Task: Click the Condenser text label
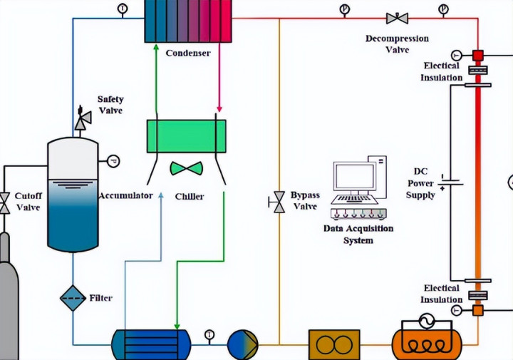coord(188,53)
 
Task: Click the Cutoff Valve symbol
coord(4,202)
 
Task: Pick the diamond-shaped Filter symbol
coord(72,297)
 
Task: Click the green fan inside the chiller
coord(186,169)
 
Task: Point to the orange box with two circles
coord(333,345)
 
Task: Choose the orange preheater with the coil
coord(422,344)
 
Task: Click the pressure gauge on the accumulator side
coord(113,161)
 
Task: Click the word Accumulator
coord(126,195)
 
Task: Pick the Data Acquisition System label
coord(358,235)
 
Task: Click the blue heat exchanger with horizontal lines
coord(150,345)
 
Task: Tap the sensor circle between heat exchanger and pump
coord(209,334)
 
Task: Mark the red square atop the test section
coord(477,55)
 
